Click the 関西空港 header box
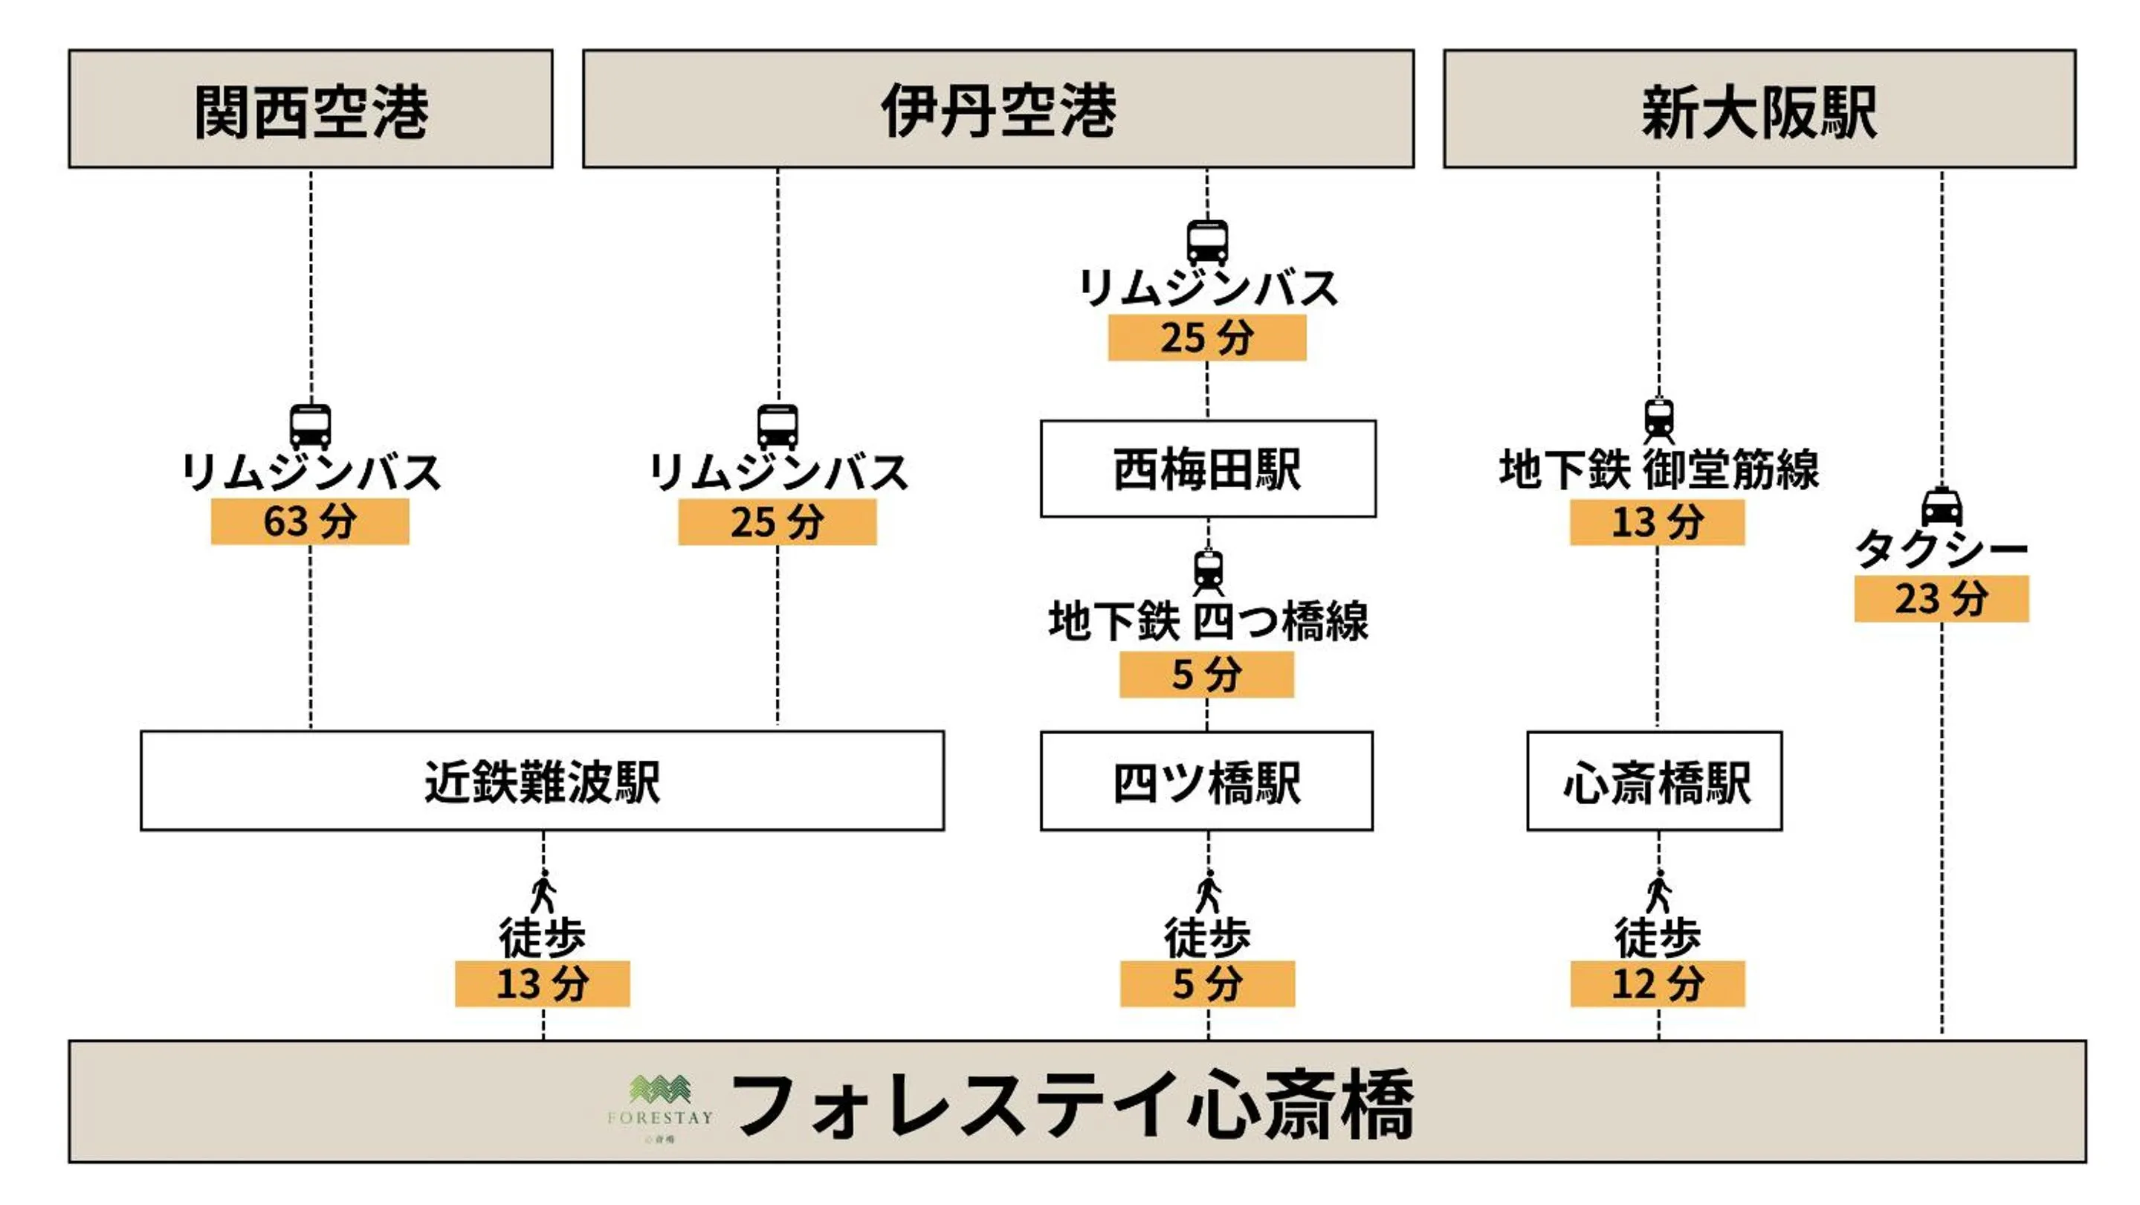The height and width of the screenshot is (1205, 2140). [311, 109]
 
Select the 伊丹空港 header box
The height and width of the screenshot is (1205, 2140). [998, 109]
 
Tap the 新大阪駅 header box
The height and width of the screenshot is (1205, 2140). [1759, 109]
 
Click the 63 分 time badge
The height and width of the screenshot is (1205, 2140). [310, 522]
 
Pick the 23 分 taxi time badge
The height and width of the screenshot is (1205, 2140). [1941, 598]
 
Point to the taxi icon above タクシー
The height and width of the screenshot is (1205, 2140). [1942, 506]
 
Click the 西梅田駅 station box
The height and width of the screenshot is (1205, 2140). [1207, 469]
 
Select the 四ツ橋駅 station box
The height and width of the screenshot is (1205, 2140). [1206, 781]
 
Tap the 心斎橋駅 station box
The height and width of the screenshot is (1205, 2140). [1654, 781]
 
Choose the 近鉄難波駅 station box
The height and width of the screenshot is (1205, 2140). [542, 781]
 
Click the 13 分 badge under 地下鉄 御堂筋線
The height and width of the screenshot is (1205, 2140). [1657, 522]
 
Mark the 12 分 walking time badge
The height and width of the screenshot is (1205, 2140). [1657, 984]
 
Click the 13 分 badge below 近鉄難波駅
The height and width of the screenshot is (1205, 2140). [542, 984]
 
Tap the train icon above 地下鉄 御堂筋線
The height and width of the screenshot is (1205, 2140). [1658, 420]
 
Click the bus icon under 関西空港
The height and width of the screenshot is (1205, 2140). [310, 426]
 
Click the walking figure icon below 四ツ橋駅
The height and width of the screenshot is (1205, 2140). [1208, 892]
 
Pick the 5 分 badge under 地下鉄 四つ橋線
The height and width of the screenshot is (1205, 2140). [1206, 674]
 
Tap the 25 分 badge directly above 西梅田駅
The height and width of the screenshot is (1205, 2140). [1206, 338]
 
